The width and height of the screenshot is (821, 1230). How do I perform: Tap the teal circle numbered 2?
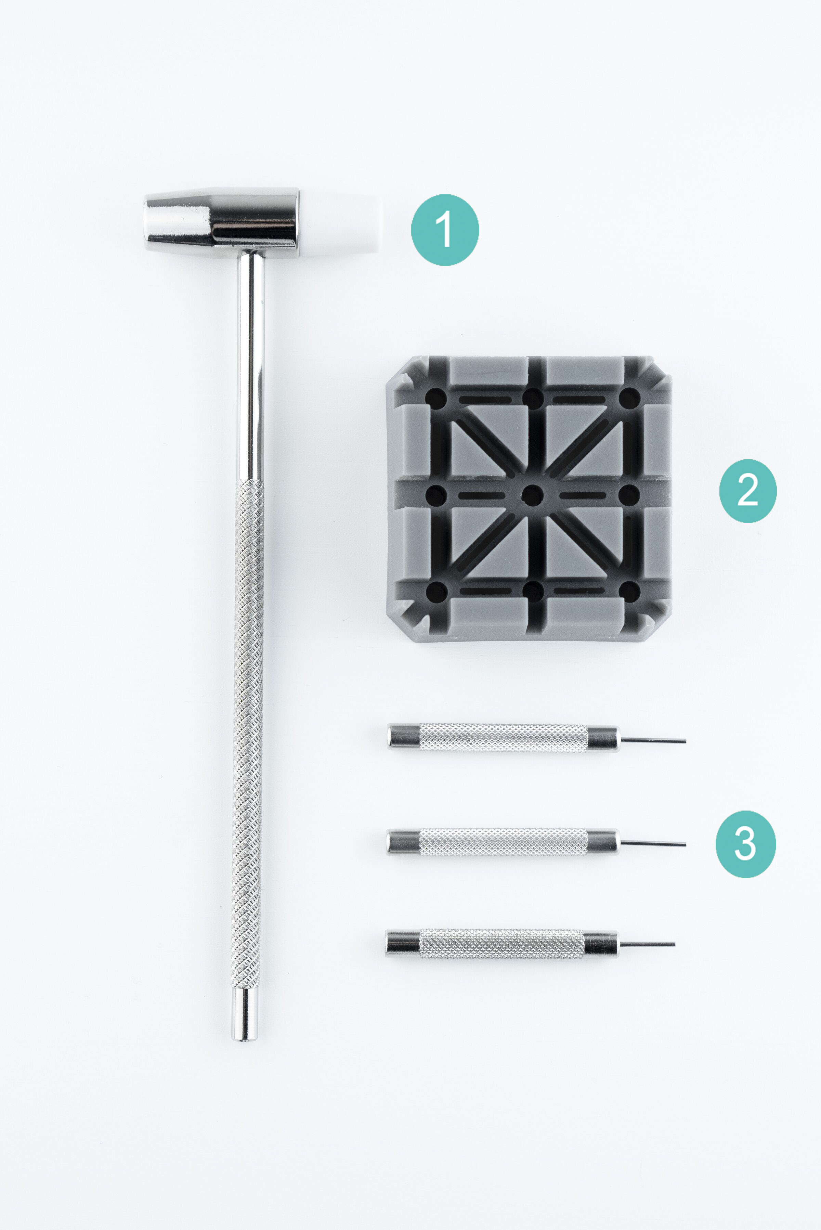pyautogui.click(x=748, y=491)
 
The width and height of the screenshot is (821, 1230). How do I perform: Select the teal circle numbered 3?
pyautogui.click(x=746, y=844)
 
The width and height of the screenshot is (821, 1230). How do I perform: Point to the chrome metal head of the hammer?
pyautogui.click(x=221, y=222)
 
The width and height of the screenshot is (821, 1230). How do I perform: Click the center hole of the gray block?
pyautogui.click(x=533, y=495)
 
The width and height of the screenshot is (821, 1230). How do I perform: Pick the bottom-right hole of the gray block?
pyautogui.click(x=629, y=592)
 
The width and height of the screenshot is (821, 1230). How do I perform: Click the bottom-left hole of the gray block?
pyautogui.click(x=436, y=592)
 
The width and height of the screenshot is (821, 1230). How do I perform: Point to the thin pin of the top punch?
pyautogui.click(x=653, y=740)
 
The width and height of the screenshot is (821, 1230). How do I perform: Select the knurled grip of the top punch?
pyautogui.click(x=504, y=738)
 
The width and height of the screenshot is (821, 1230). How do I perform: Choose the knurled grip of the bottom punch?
pyautogui.click(x=501, y=944)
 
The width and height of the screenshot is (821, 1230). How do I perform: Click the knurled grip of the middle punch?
pyautogui.click(x=504, y=842)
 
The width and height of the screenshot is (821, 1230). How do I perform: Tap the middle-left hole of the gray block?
pyautogui.click(x=435, y=495)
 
